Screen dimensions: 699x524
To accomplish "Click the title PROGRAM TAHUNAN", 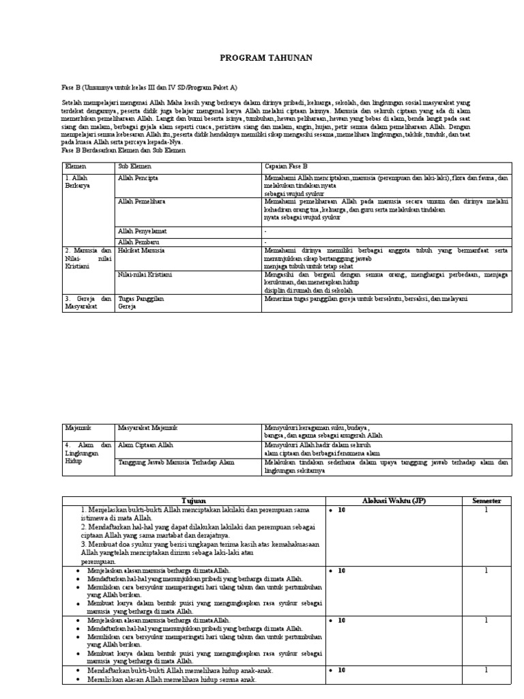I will point(266,59).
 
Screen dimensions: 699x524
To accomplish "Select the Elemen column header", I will point(75,166).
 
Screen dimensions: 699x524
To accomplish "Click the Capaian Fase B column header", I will point(286,166).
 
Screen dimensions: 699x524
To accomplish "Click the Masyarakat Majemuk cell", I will point(147,428).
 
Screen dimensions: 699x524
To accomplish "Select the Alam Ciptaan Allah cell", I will point(145,444).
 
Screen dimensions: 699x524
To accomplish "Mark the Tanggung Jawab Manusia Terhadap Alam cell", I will point(176,462).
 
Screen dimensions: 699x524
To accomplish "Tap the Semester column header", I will point(486,500).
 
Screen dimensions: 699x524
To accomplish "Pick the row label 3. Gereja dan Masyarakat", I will point(88,302).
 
